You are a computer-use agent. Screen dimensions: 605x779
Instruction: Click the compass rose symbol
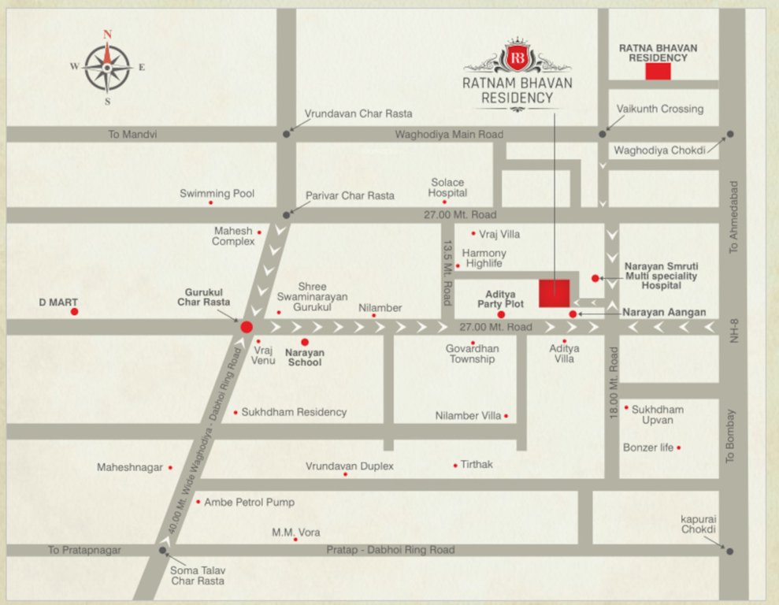point(107,67)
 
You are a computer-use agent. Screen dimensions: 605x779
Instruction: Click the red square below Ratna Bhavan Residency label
point(658,72)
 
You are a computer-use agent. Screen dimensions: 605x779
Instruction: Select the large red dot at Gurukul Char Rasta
point(247,327)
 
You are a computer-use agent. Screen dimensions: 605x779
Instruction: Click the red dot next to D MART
point(74,312)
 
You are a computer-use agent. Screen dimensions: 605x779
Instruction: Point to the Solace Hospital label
point(447,187)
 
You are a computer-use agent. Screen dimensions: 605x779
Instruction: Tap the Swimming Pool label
point(217,193)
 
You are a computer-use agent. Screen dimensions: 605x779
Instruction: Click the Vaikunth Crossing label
point(660,109)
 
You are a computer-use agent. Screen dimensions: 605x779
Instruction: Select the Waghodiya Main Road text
point(449,135)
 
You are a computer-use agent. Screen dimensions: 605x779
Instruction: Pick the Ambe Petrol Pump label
point(249,502)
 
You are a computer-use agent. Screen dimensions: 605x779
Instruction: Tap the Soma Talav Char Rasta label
point(197,575)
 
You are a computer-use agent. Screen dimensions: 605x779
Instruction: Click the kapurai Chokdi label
point(699,524)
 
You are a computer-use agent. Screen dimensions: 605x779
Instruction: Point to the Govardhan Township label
point(473,353)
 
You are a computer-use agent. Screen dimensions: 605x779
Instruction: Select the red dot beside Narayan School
point(304,342)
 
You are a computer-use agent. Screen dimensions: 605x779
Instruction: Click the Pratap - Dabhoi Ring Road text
point(391,550)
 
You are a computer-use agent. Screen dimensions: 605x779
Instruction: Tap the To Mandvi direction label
point(132,135)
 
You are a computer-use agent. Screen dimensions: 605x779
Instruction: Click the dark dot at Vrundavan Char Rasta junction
point(287,135)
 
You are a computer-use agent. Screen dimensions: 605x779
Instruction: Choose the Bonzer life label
point(648,447)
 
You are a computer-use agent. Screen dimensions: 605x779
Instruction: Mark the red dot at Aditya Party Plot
point(501,315)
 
